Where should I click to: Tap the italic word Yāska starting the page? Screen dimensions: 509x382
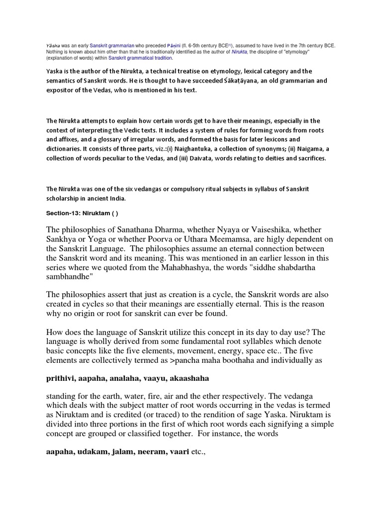pos(53,45)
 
